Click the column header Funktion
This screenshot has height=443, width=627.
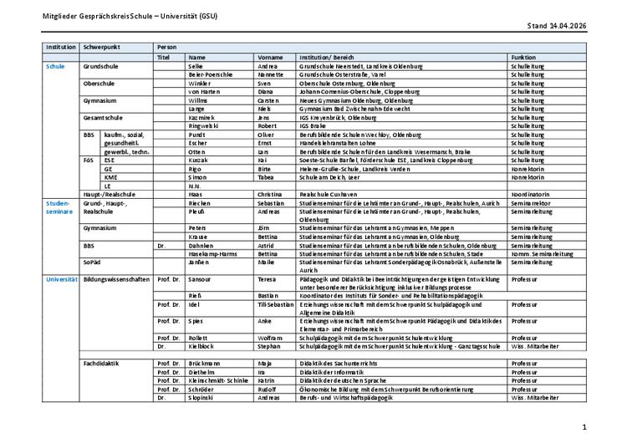click(x=524, y=56)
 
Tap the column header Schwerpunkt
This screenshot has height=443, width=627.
click(x=101, y=47)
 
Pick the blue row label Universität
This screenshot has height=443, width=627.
click(x=61, y=278)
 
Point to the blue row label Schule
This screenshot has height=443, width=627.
click(x=55, y=65)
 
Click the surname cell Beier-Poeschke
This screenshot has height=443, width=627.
click(x=210, y=74)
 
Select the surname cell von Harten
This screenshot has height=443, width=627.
click(x=205, y=91)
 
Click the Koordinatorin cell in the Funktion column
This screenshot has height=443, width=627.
click(x=530, y=194)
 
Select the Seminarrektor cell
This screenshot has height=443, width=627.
click(x=532, y=203)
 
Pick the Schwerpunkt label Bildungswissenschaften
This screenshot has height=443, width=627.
click(x=116, y=278)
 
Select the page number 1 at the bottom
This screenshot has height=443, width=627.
click(x=608, y=426)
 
